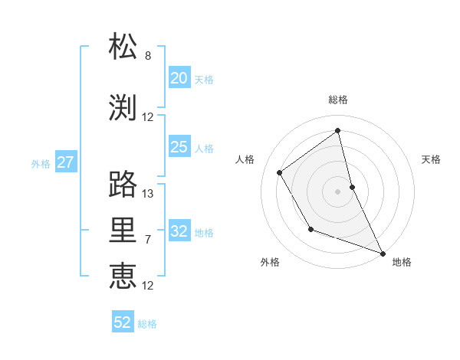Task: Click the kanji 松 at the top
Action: click(123, 47)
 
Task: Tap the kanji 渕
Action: click(123, 107)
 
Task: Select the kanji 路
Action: click(123, 184)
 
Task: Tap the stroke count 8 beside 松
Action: click(148, 56)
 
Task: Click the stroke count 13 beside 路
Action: click(148, 193)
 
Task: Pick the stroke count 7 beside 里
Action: click(148, 240)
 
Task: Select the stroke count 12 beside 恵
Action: click(148, 286)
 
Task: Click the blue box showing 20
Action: click(179, 78)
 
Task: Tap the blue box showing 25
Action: click(179, 147)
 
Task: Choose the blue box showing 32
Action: click(179, 232)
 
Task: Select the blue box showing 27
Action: click(65, 162)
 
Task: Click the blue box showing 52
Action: click(123, 322)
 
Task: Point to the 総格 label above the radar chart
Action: click(338, 100)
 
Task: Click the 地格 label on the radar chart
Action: click(402, 262)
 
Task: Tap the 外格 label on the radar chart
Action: click(270, 262)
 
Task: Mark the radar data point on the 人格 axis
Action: click(280, 172)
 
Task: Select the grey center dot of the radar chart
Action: click(337, 191)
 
